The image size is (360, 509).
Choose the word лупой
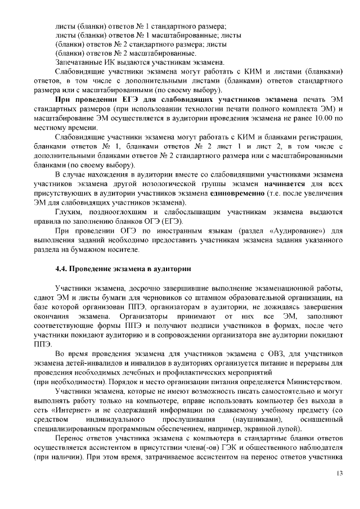(x=285, y=430)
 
